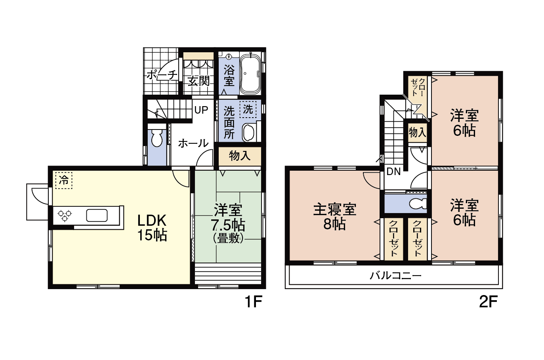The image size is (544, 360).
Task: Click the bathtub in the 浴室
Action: pos(250,73)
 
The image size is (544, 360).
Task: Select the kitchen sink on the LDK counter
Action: pos(97,215)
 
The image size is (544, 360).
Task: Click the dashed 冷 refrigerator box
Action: pos(64,180)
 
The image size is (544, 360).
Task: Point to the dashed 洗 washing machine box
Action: pos(248,109)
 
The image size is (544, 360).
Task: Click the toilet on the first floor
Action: pos(157,137)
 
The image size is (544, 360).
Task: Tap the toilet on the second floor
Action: pos(418,204)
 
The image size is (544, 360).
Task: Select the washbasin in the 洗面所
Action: pos(248,133)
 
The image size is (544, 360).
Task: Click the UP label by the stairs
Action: pos(201,110)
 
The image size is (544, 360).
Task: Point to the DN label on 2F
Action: pos(393,172)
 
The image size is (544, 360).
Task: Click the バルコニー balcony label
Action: pos(395,276)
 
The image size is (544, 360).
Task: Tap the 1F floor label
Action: pos(254,302)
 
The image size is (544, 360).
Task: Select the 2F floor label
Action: pos(488,302)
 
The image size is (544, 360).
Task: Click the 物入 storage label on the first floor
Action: pos(240,156)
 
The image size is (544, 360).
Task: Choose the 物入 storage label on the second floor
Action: pos(418,133)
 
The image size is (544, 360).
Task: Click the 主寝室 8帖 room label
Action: pos(335,217)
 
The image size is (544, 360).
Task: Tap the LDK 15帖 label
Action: pos(152,228)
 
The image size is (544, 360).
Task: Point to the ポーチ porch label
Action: pos(162,75)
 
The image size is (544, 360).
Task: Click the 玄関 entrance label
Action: pos(199,81)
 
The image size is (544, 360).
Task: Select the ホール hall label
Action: pos(193,143)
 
